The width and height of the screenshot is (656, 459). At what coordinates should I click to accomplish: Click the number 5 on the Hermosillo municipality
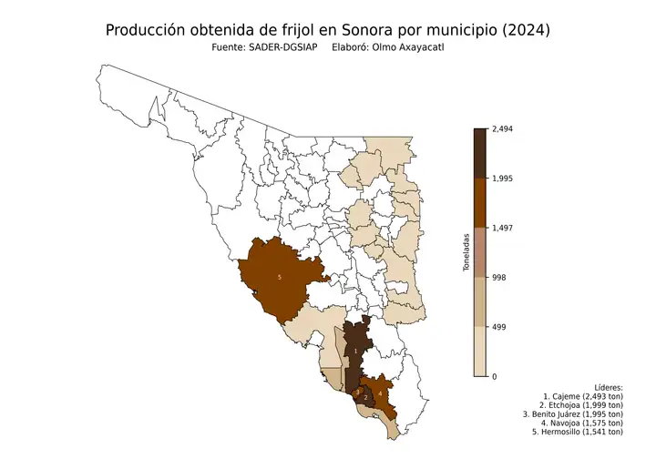point(279,277)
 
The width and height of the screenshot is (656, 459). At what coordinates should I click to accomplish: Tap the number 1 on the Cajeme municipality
point(355,350)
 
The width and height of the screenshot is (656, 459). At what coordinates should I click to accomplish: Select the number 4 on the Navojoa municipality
point(379,393)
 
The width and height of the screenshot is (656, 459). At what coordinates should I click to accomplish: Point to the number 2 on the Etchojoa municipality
point(365,398)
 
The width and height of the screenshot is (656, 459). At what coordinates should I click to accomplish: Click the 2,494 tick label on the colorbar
point(503,129)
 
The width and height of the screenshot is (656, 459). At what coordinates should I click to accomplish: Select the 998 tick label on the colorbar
point(499,277)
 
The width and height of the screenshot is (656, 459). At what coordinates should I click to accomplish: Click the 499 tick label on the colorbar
point(499,326)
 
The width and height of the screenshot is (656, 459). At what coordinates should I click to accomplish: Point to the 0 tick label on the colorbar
point(495,376)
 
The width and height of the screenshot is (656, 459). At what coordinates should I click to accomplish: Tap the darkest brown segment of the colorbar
point(480,153)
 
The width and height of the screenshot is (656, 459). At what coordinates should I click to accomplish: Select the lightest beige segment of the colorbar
point(480,352)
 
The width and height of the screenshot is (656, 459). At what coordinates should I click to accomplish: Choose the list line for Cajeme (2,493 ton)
point(582,397)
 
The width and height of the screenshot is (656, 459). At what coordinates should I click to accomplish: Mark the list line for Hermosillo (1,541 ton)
point(578,432)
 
